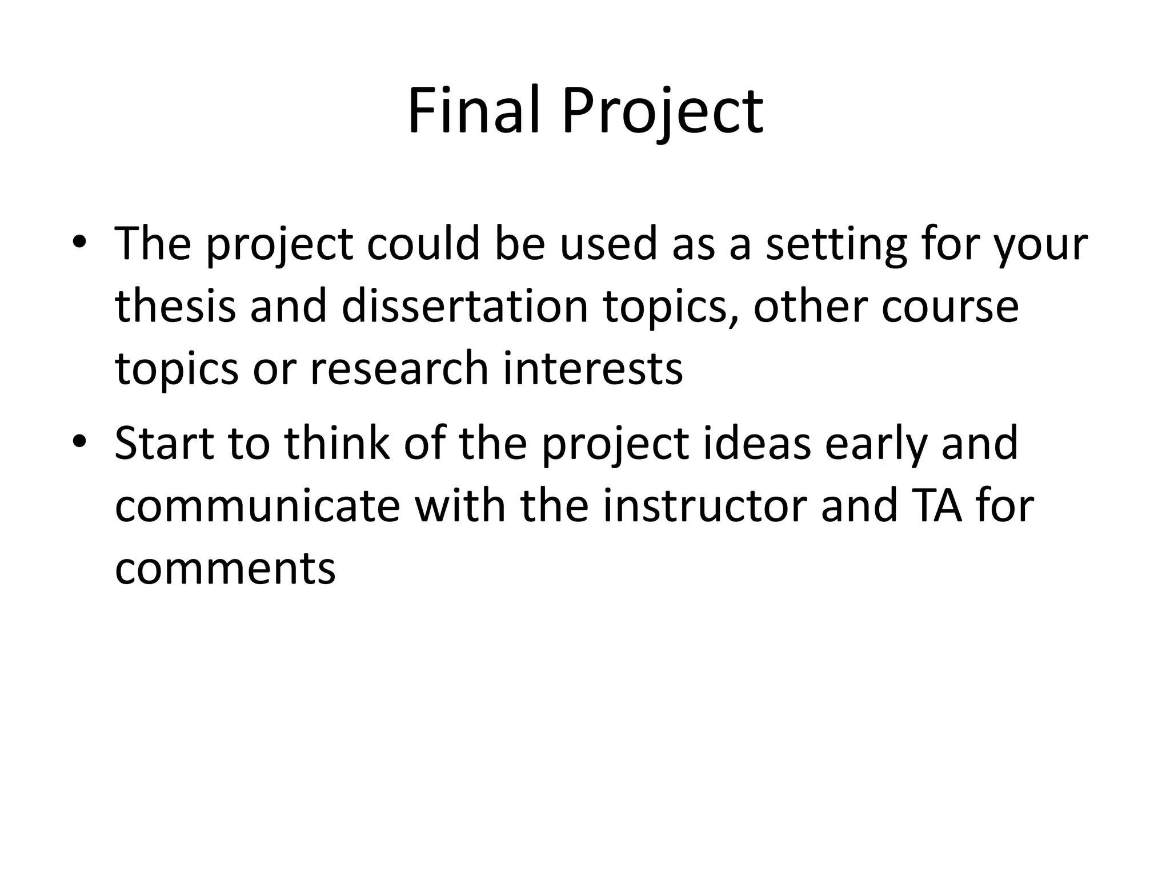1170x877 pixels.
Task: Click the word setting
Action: [x=836, y=244]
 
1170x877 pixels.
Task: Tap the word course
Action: [x=950, y=307]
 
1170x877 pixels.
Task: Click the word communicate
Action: [x=257, y=506]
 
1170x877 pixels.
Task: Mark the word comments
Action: [x=225, y=569]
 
